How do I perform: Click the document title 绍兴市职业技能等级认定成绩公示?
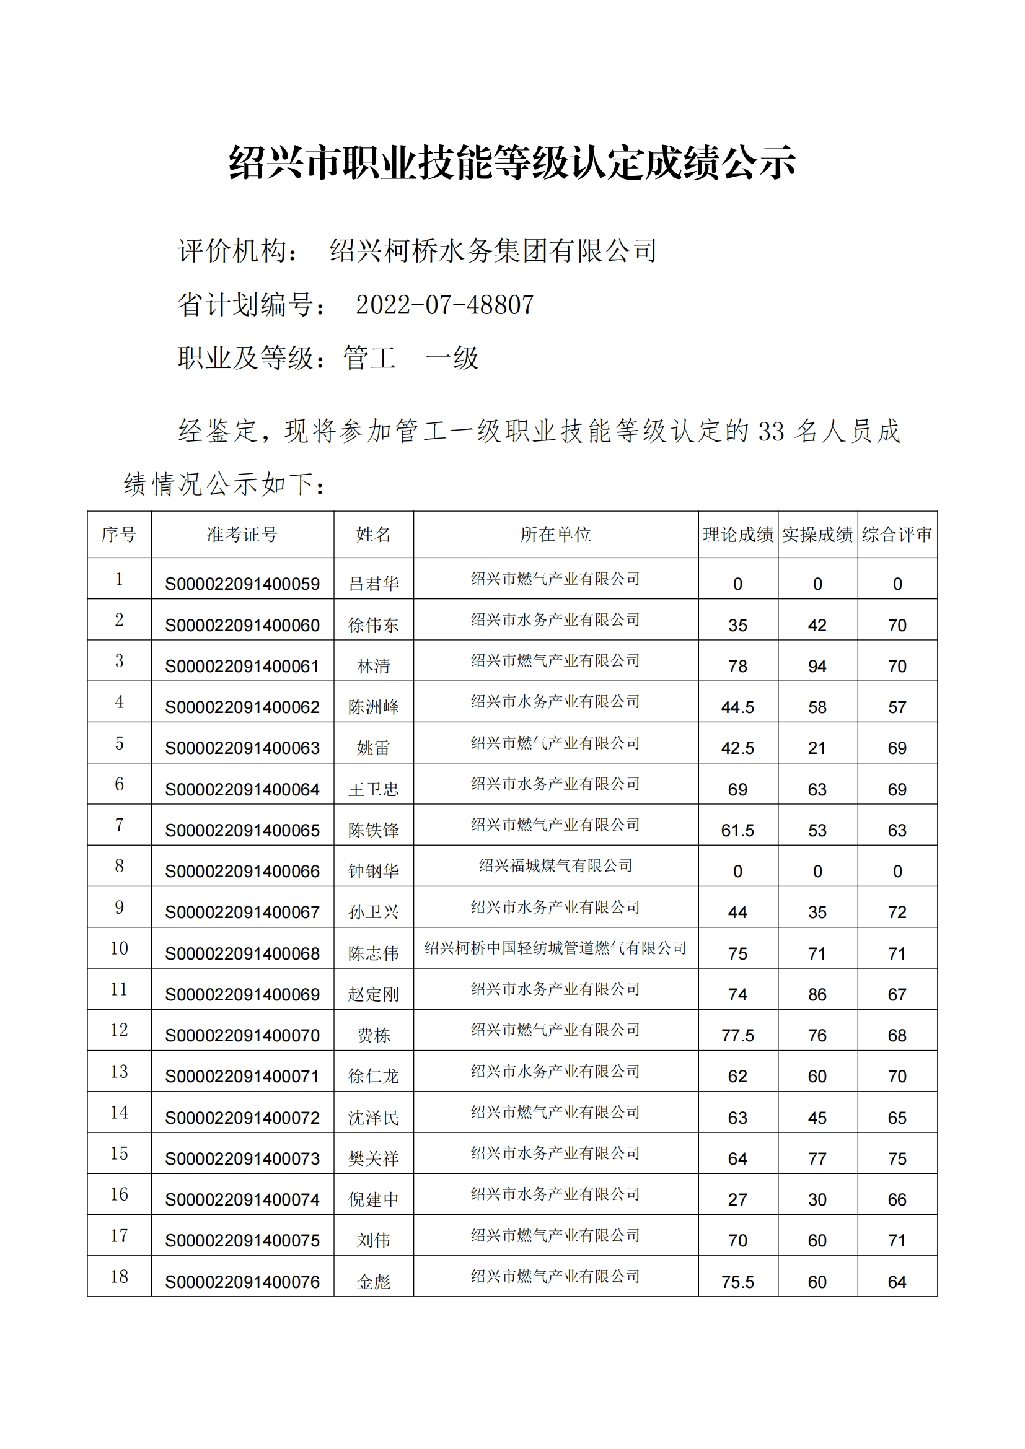click(512, 162)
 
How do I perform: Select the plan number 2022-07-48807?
click(445, 305)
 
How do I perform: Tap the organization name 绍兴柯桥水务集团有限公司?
click(493, 250)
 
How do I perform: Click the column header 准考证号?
click(242, 535)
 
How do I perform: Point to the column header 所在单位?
click(555, 535)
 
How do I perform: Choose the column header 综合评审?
click(897, 535)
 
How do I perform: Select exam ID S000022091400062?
click(242, 707)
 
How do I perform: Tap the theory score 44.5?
click(737, 707)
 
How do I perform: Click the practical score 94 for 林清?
click(817, 666)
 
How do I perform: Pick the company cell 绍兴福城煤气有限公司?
click(555, 865)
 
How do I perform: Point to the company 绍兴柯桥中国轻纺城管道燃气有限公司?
click(555, 948)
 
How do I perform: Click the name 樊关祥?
click(374, 1158)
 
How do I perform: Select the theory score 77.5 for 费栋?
click(737, 1036)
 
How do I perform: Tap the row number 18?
click(119, 1277)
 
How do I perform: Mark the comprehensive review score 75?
click(897, 1158)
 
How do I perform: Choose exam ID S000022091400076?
click(242, 1282)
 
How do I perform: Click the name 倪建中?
click(374, 1199)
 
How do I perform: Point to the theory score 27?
click(737, 1199)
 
